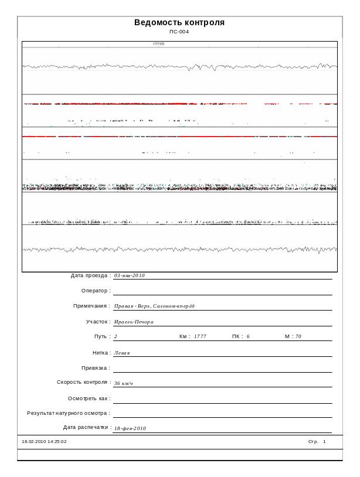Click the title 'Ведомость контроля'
coord(179,23)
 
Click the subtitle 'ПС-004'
coord(179,32)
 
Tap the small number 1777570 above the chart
coord(158,44)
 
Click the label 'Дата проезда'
coord(90,275)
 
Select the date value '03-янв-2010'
coord(130,275)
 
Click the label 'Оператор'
coord(96,291)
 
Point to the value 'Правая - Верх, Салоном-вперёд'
coord(154,306)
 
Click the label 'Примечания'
coord(91,306)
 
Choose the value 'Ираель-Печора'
coord(134,322)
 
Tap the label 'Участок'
coord(98,322)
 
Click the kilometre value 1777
coord(200,337)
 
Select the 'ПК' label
coord(237,337)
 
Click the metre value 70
coord(298,337)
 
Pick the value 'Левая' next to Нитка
coord(122,353)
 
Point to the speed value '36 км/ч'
coord(124,383)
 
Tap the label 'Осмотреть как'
coord(89,398)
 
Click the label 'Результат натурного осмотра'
coord(69,413)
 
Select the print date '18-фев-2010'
coord(130,428)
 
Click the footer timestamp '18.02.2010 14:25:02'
coord(44,441)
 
